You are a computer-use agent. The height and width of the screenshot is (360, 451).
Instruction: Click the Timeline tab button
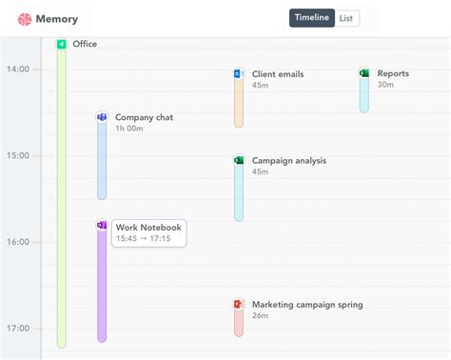(312, 18)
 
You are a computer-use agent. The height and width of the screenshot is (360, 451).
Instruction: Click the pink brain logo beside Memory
(25, 19)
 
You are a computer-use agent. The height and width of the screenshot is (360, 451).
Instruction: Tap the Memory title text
(57, 19)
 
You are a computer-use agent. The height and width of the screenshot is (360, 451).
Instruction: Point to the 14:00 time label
(18, 69)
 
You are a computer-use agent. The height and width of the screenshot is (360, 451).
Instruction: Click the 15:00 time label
(18, 155)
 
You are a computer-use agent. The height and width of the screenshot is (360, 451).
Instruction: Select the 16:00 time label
(18, 242)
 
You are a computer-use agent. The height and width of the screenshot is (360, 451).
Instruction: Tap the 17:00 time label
(18, 329)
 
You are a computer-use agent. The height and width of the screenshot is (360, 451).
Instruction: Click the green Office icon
(62, 44)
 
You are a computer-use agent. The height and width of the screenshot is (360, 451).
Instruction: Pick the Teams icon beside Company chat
(102, 117)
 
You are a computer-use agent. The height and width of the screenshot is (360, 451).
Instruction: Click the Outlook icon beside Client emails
(239, 73)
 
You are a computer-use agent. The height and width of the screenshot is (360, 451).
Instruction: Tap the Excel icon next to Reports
(364, 73)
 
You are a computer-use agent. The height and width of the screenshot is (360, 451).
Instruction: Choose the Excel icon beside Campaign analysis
(239, 160)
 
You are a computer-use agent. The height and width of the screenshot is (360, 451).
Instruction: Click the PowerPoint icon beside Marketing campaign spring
(239, 305)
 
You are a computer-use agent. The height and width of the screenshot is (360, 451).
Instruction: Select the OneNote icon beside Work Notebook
(102, 226)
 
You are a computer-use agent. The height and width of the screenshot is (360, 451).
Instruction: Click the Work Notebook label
(147, 228)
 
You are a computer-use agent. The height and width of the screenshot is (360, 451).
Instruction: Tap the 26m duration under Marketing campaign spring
(261, 316)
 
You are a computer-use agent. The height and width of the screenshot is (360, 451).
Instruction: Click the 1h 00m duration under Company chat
(129, 129)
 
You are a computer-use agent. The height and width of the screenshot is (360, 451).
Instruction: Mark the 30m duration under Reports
(385, 85)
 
